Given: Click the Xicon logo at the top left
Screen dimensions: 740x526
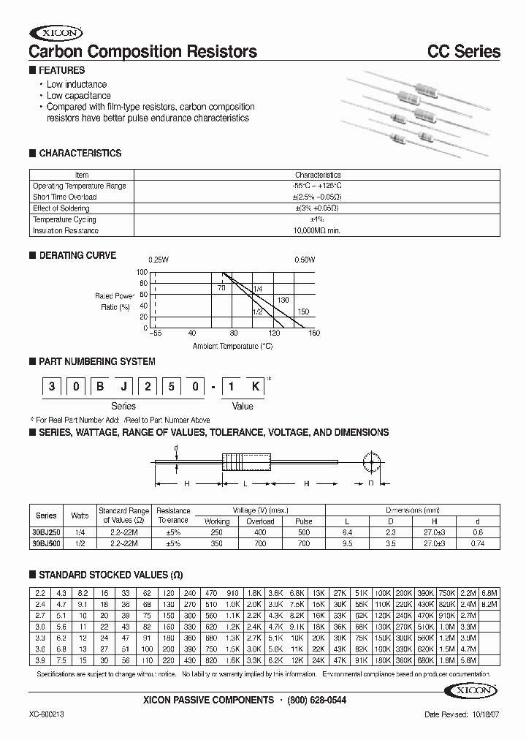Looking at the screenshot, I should coord(56,33).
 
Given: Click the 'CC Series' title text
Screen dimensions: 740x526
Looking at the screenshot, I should coord(463,52).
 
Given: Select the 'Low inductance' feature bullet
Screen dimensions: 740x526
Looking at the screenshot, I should coord(77,85).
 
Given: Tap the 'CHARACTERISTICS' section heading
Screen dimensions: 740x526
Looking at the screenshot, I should coord(80,154).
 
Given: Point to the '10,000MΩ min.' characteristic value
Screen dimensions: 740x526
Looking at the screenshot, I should coord(318,230).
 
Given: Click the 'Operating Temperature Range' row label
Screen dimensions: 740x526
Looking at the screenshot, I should coord(79,186).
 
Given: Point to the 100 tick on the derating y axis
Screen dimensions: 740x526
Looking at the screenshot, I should coord(142,271).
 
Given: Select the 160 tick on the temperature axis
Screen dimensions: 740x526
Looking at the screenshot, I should coord(314,334).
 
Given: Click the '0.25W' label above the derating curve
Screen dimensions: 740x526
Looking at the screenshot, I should coord(159,260).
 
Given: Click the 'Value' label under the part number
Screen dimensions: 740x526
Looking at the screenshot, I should coord(243,406).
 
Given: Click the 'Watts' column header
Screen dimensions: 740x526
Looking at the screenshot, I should coord(79,516).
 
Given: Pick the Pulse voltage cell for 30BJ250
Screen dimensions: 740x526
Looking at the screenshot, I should coord(303,533).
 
